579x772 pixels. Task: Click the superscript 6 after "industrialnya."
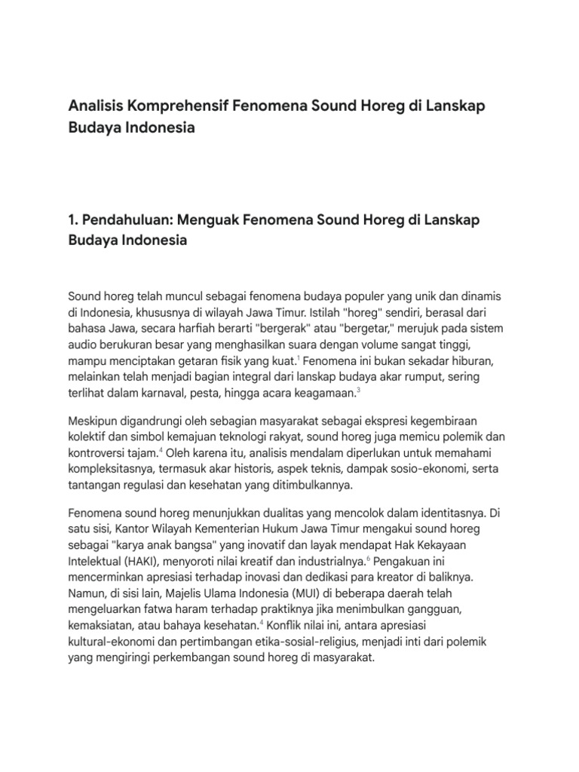[368, 559]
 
